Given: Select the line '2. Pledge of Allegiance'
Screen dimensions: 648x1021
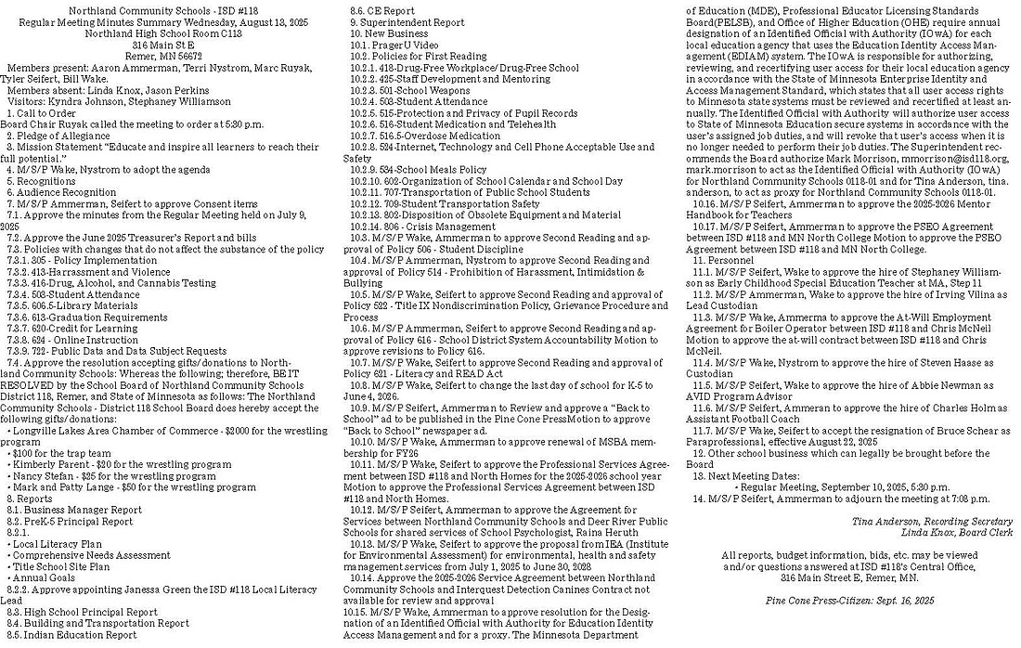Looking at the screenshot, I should tap(59, 136).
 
